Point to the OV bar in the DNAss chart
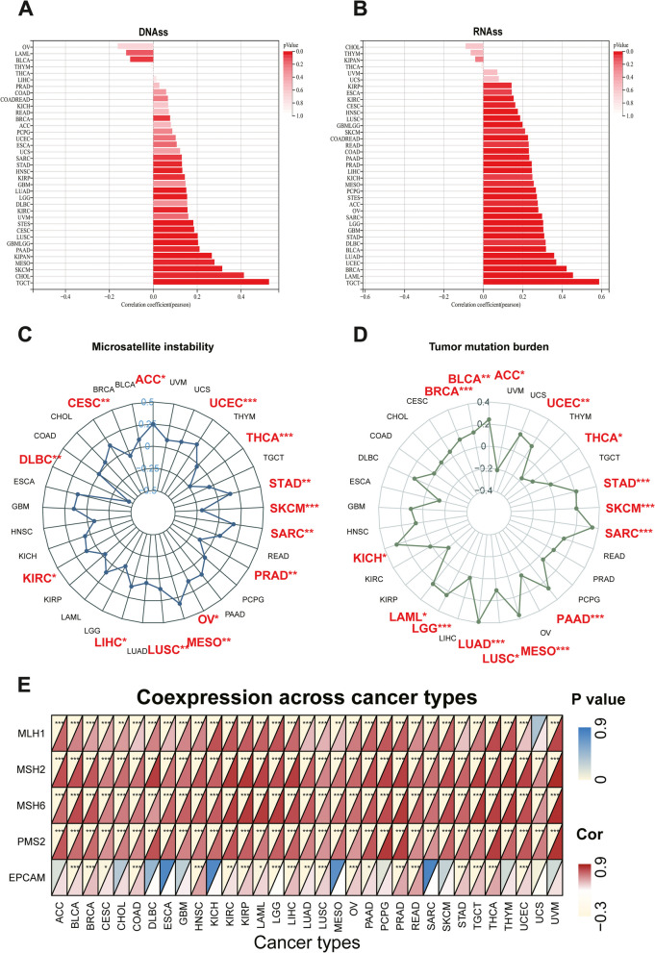(x=135, y=45)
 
